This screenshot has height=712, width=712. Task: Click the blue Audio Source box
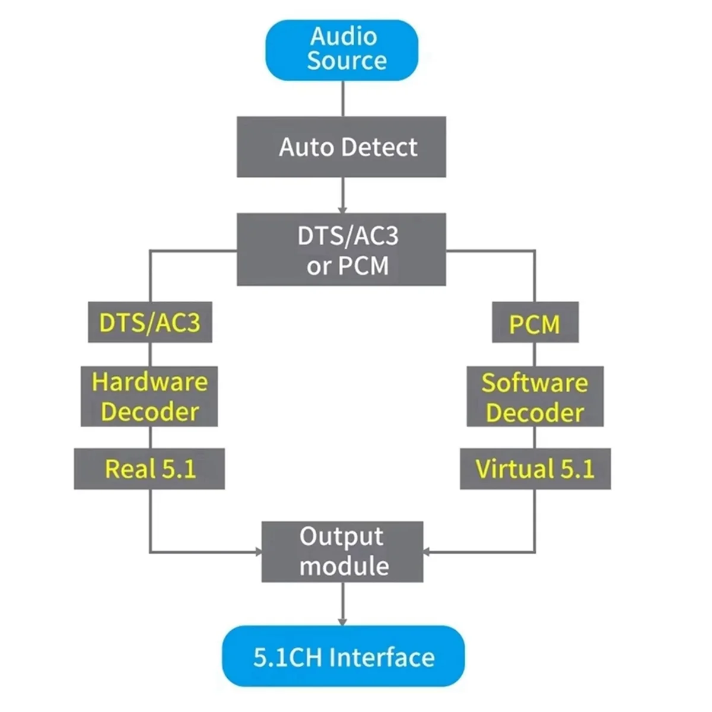click(x=342, y=50)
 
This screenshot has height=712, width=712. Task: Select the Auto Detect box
click(x=341, y=147)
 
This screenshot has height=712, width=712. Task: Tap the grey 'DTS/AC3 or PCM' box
click(x=341, y=250)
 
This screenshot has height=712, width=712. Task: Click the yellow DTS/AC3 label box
click(x=150, y=322)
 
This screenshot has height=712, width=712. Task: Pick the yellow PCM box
click(x=535, y=322)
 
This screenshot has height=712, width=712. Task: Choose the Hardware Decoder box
click(x=149, y=396)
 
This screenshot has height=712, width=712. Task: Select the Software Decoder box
click(x=535, y=396)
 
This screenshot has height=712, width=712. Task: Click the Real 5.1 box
click(x=149, y=469)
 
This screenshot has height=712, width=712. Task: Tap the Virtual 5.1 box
click(x=535, y=469)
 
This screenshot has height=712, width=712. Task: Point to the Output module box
click(x=342, y=551)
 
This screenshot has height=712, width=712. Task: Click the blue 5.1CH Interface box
click(x=343, y=656)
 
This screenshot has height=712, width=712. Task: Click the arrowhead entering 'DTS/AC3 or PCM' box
click(x=342, y=209)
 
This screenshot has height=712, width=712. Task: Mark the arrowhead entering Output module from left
click(x=258, y=552)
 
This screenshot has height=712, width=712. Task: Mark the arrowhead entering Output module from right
click(x=427, y=552)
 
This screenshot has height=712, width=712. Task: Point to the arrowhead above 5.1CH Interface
click(x=342, y=621)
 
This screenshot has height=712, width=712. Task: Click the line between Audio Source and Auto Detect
click(x=342, y=98)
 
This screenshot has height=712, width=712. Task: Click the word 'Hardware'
click(x=150, y=382)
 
